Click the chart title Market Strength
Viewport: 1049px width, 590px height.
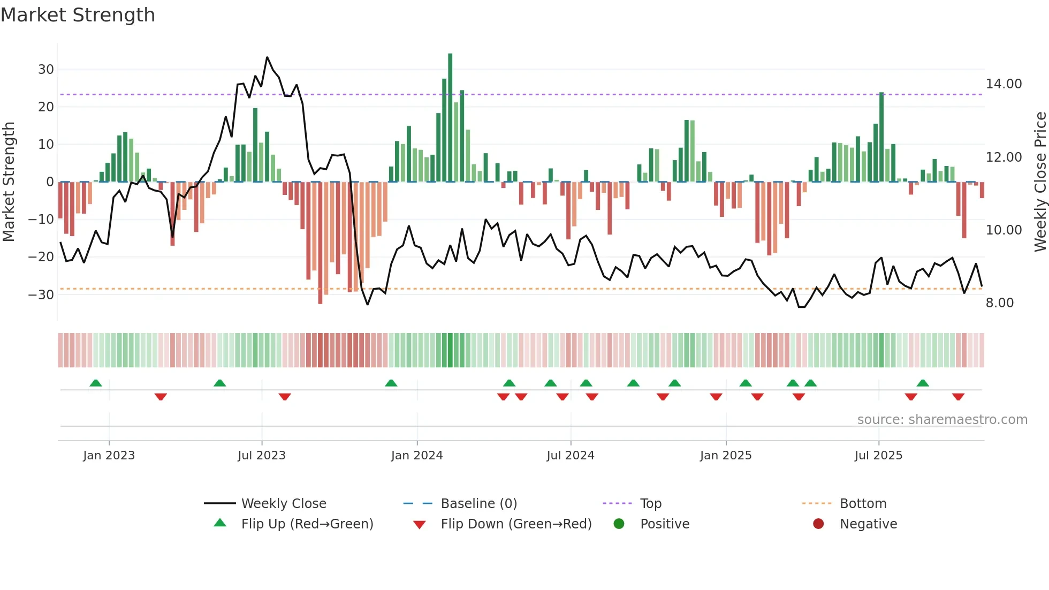[78, 15]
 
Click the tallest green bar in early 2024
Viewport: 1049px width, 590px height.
[450, 118]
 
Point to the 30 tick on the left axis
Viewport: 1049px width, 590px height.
[46, 70]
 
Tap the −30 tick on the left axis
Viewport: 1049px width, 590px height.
[41, 295]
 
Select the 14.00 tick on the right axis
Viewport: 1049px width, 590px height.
[1004, 84]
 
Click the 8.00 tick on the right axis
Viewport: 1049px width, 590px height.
[999, 303]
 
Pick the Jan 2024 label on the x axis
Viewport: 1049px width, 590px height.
[416, 456]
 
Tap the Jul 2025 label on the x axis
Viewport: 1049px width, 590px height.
[878, 456]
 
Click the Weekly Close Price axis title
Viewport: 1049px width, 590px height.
[1040, 182]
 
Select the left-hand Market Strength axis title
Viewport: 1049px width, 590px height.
[9, 182]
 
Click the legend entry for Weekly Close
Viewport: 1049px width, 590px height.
[283, 504]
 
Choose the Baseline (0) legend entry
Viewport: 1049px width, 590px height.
[478, 504]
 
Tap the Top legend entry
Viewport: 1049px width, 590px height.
[650, 504]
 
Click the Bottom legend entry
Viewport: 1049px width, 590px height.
[863, 504]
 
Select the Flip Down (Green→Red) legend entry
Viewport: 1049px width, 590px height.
[515, 524]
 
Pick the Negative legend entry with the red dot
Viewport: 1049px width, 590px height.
[868, 524]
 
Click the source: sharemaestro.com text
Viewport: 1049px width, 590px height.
[942, 420]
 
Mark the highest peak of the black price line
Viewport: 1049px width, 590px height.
[267, 57]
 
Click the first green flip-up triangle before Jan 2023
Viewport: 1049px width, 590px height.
[96, 383]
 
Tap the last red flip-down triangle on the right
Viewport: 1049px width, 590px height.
[958, 397]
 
